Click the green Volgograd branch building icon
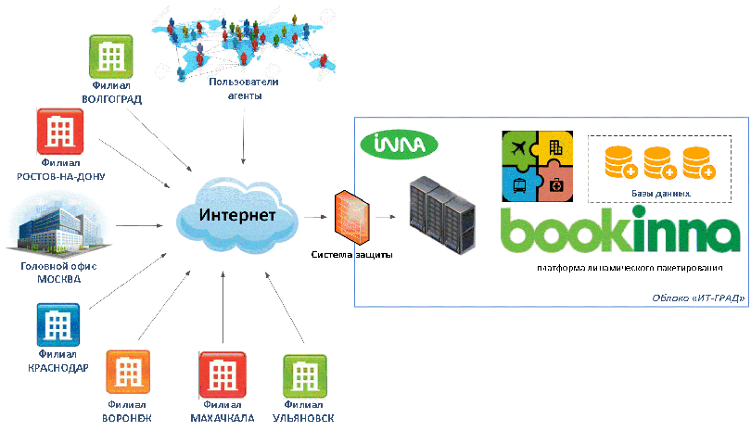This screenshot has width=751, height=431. (x=112, y=57)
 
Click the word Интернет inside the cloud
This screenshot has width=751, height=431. (x=236, y=216)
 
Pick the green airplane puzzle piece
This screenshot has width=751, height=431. (x=520, y=147)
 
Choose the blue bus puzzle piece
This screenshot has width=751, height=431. (x=520, y=184)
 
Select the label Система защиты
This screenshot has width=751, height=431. (x=352, y=254)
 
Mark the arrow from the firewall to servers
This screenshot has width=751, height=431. (x=390, y=219)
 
